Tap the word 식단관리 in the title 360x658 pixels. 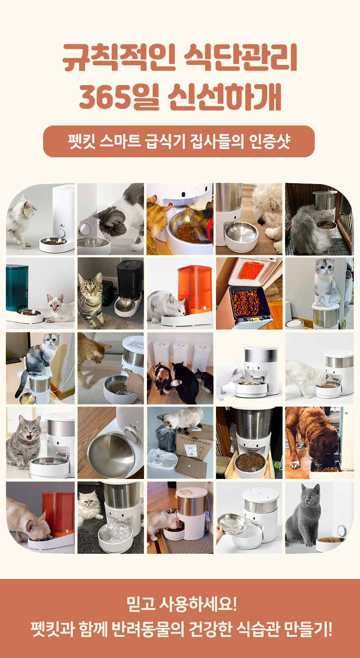[x=240, y=57]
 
